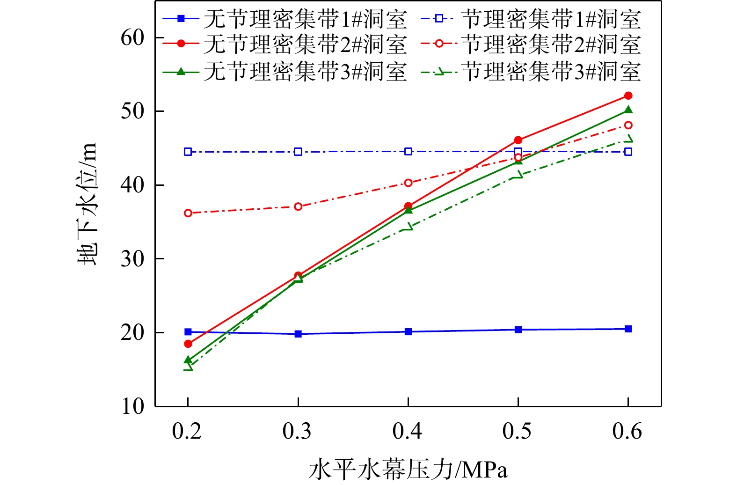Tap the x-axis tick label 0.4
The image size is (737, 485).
click(408, 431)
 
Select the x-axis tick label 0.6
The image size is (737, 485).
click(628, 431)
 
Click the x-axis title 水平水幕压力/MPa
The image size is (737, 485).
click(408, 470)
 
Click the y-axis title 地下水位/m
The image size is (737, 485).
click(88, 204)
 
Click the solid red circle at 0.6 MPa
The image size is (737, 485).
click(628, 96)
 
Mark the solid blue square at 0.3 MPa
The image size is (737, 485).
click(298, 334)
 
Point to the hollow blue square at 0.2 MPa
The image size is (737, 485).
click(188, 152)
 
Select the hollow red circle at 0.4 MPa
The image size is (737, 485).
click(408, 183)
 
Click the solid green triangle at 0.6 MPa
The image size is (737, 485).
click(628, 110)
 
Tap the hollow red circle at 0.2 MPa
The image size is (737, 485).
click(188, 213)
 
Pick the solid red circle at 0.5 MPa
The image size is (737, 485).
click(518, 140)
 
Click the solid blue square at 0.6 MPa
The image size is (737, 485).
click(628, 329)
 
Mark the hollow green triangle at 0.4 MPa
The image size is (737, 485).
click(408, 227)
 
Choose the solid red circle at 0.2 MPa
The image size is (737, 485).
click(188, 344)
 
